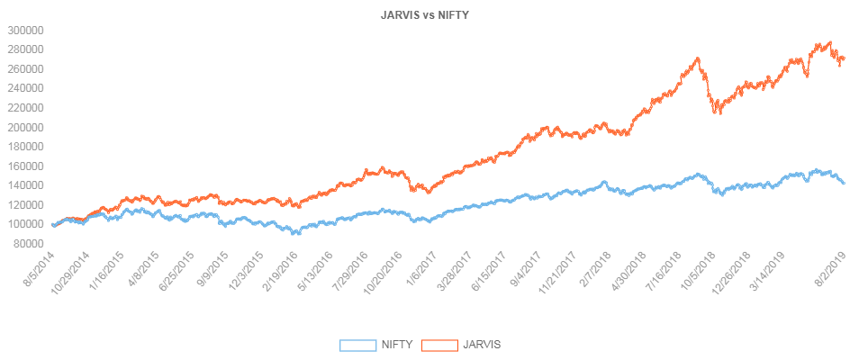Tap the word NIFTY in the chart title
coord(453,14)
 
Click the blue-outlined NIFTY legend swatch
coord(357,344)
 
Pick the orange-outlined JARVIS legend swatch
coord(439,344)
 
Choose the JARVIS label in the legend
coord(482,344)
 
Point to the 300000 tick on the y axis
coord(25,30)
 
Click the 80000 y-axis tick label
coord(28,244)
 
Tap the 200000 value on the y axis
coord(25,127)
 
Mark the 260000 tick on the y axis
coord(25,68)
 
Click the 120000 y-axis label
coord(25,205)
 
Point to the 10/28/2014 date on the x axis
coord(74,269)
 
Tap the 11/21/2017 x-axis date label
coord(560,269)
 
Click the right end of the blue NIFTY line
coord(844,183)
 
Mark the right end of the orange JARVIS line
coord(844,59)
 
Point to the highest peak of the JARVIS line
coord(827,41)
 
